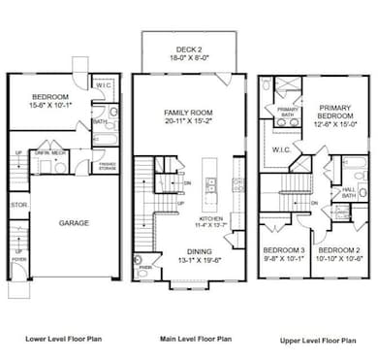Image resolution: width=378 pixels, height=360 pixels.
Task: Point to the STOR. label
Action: [16, 205]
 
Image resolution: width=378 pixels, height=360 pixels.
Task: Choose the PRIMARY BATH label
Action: [288, 113]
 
